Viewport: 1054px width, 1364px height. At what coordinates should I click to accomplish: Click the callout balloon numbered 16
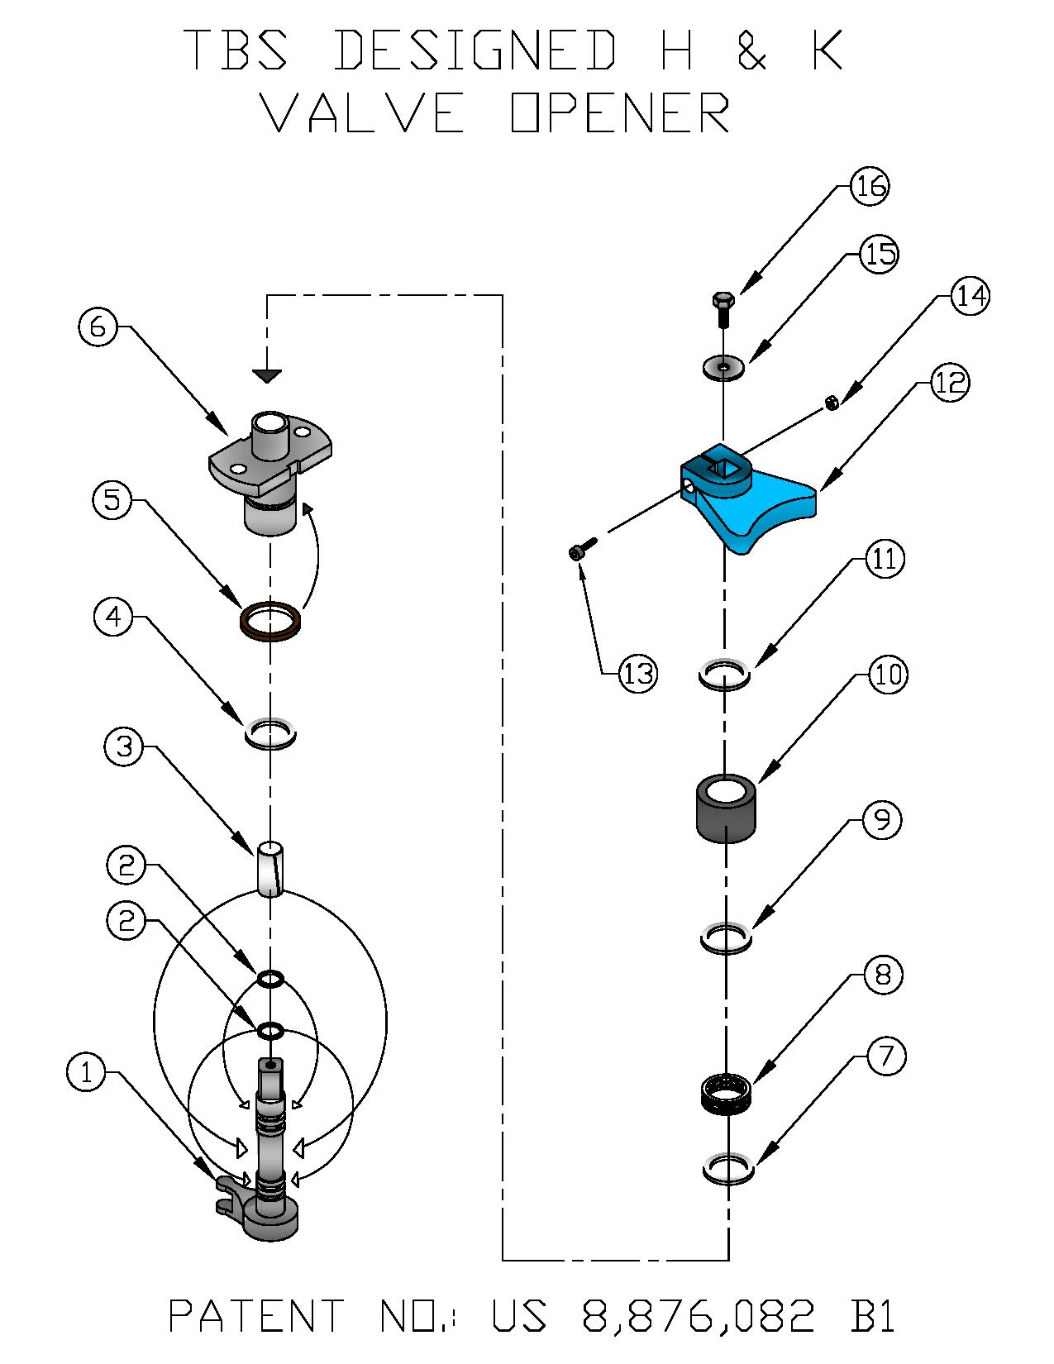(x=870, y=186)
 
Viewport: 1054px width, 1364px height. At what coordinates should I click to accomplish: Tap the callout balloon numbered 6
(x=98, y=327)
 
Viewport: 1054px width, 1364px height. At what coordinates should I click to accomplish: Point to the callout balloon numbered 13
(x=638, y=674)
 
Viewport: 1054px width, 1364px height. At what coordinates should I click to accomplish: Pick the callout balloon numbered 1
(x=86, y=1073)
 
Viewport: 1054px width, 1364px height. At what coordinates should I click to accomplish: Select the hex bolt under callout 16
(x=723, y=308)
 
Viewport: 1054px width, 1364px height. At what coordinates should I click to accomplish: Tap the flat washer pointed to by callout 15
(x=724, y=365)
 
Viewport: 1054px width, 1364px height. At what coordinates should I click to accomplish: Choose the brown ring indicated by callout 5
(x=269, y=622)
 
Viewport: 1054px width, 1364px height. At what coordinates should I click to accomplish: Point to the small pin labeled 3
(x=269, y=868)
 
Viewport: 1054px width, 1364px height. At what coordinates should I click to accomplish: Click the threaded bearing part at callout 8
(x=727, y=1095)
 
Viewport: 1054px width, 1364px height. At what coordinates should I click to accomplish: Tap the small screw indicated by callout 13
(x=582, y=549)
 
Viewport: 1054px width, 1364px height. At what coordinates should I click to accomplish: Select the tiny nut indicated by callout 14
(x=832, y=403)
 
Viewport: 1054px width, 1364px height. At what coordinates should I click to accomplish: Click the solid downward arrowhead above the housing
(x=266, y=376)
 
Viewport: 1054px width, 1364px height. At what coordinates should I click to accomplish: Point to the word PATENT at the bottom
(x=256, y=1316)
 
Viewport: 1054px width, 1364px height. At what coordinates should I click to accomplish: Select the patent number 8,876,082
(x=699, y=1316)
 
